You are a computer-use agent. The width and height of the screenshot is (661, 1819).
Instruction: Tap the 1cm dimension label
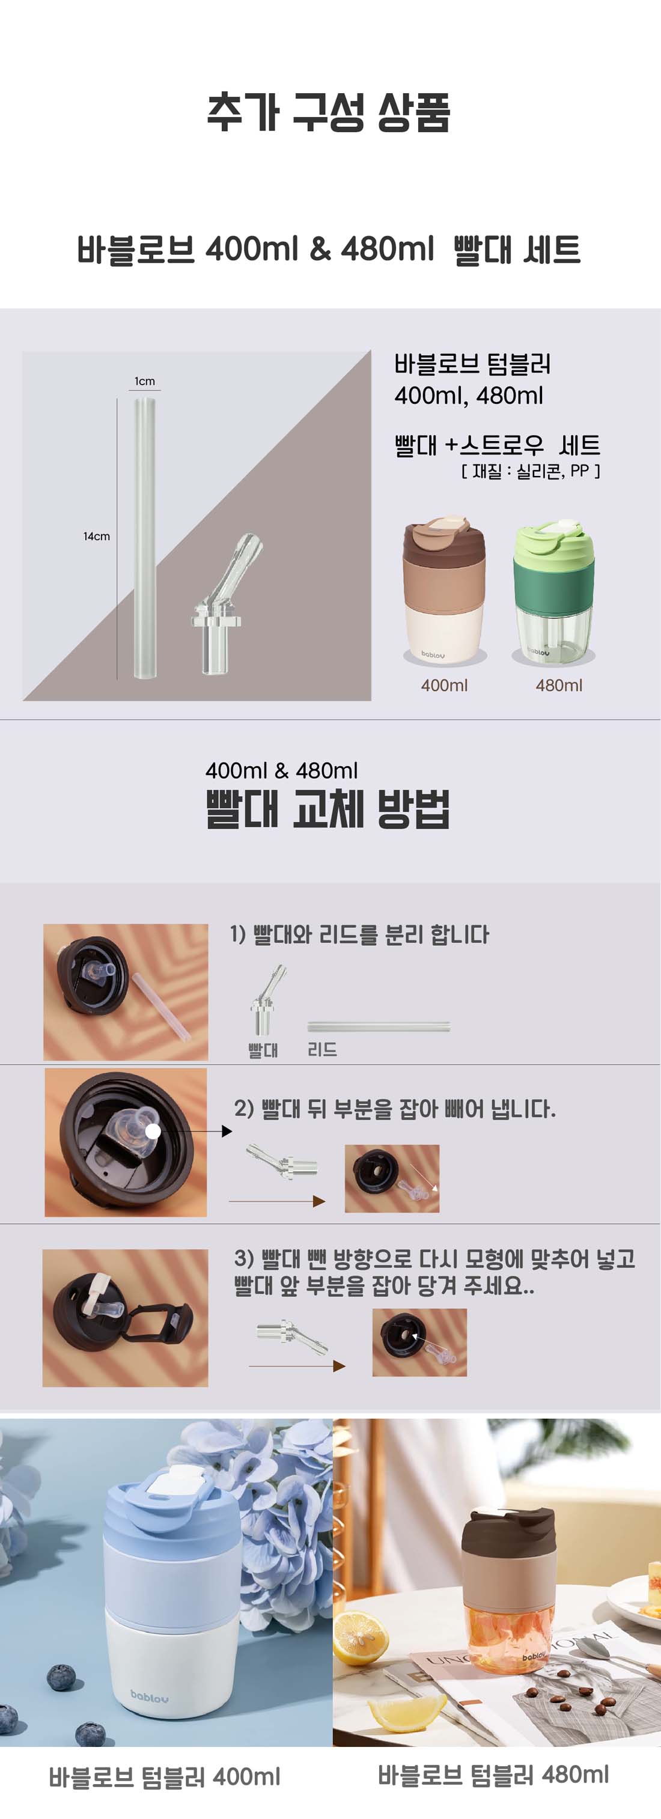click(x=145, y=382)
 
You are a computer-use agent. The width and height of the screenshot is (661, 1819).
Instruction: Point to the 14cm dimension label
click(x=97, y=537)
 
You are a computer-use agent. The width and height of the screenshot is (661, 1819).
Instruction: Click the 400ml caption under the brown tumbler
click(x=444, y=685)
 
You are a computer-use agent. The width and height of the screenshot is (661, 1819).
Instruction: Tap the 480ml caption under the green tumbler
click(x=559, y=685)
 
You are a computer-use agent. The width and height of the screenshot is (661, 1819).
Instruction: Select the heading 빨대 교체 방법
click(x=328, y=809)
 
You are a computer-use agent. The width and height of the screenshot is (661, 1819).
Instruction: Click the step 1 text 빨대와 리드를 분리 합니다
click(x=359, y=935)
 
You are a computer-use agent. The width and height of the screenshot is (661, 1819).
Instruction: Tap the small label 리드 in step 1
click(x=322, y=1050)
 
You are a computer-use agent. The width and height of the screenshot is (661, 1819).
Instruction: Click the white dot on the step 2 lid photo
click(x=153, y=1131)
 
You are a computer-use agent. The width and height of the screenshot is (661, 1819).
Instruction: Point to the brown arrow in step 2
click(x=277, y=1201)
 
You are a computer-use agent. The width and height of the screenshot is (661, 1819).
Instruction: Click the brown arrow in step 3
click(x=297, y=1366)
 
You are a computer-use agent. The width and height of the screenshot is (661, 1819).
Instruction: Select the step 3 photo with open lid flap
click(x=125, y=1318)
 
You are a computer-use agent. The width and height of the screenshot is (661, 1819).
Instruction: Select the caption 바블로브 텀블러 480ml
click(x=493, y=1775)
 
